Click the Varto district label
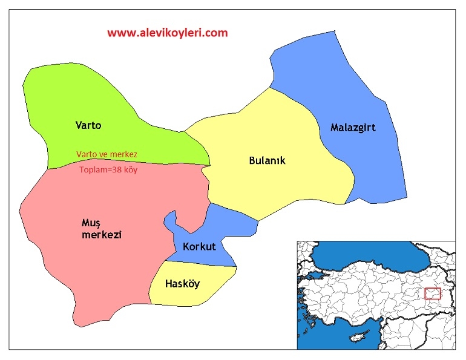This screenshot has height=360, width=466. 88,126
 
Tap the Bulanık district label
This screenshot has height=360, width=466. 267,160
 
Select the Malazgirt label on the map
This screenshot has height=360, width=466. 353,128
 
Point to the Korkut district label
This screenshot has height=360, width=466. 199,247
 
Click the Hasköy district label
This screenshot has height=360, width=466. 183,284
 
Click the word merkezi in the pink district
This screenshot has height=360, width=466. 102,235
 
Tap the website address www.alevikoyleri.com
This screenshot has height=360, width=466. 168,33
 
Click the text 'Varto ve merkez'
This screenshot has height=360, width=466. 107,154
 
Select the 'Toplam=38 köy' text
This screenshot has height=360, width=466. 109,169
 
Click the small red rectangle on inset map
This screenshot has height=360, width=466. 432,293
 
